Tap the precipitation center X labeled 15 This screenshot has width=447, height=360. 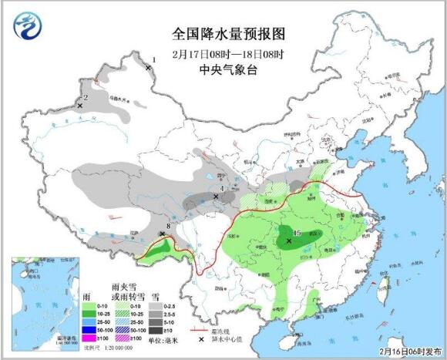[x=289, y=241]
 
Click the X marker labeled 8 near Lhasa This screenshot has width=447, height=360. [x=162, y=234]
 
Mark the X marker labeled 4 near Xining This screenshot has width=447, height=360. [x=216, y=197]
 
